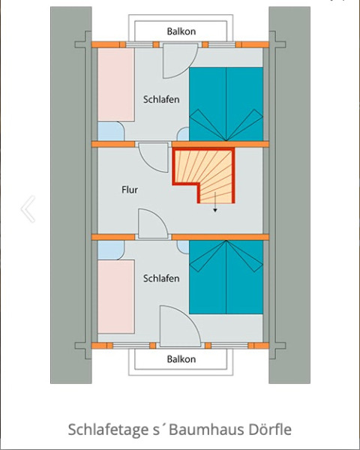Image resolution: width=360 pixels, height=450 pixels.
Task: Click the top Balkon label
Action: point(181,31)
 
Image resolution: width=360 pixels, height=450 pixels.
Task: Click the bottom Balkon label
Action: point(181,359)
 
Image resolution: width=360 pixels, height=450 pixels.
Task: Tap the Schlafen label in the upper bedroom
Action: point(161,100)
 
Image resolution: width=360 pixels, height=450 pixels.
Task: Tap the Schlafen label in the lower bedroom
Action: point(161,278)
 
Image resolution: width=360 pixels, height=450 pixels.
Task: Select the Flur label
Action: point(130,190)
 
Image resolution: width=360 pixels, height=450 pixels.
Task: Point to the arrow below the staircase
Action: point(215,208)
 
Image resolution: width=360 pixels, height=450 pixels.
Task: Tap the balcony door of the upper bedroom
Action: point(177,60)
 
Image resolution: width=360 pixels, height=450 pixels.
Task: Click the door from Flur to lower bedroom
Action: point(151,223)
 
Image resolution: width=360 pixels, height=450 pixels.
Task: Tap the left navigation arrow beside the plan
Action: point(28,209)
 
